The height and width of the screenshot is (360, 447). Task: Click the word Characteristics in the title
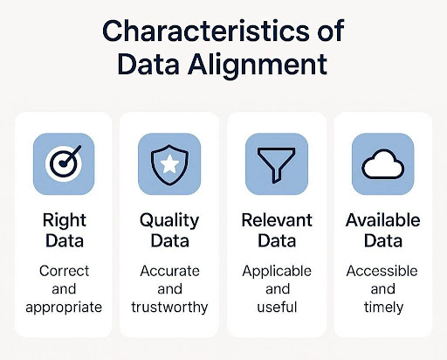(x=206, y=31)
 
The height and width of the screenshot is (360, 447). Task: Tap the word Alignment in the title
(x=258, y=65)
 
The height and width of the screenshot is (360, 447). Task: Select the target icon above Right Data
(x=65, y=163)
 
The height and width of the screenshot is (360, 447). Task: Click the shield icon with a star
(x=169, y=164)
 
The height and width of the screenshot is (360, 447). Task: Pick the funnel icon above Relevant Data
(x=277, y=165)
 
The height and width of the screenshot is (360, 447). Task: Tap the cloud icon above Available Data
(x=383, y=164)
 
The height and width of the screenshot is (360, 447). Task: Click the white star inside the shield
(x=169, y=164)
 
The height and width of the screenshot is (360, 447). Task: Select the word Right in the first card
(x=65, y=221)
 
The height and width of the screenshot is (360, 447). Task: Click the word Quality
(x=169, y=221)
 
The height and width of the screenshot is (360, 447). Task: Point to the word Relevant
(x=277, y=220)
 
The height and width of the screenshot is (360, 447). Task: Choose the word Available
(x=383, y=220)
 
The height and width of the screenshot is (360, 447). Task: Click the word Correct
(x=64, y=271)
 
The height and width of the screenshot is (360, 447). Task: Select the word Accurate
(x=169, y=271)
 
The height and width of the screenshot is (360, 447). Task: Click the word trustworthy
(x=169, y=308)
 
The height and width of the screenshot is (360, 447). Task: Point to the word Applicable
(x=277, y=272)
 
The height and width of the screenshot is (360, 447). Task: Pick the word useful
(x=277, y=307)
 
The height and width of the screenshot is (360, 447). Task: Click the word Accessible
(x=382, y=271)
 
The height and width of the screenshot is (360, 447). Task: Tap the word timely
(x=383, y=308)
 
